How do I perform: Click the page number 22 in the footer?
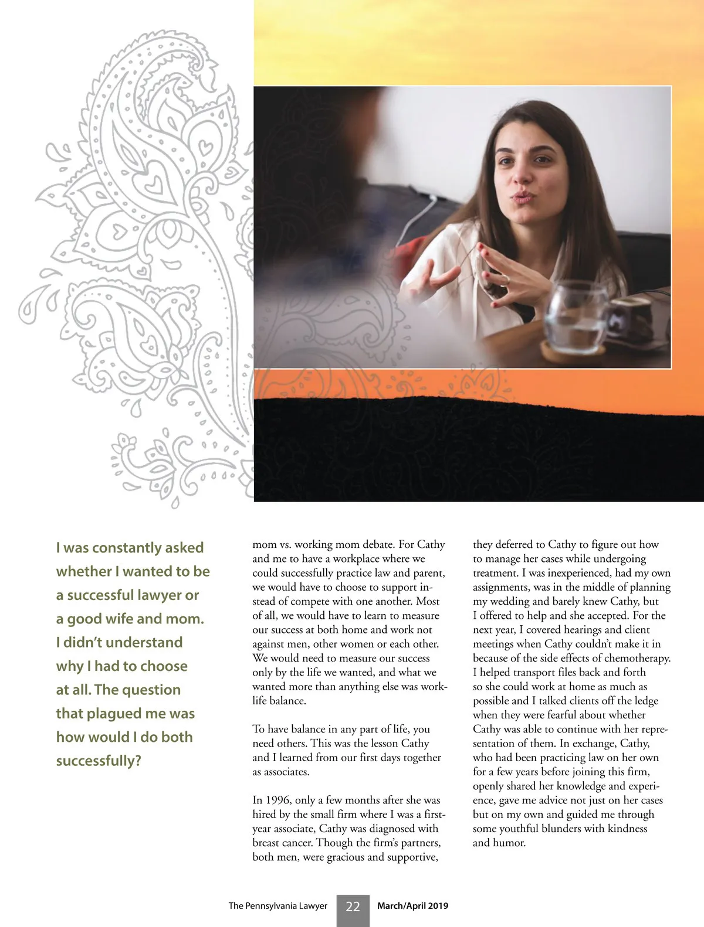(x=353, y=906)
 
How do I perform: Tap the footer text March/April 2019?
(x=412, y=906)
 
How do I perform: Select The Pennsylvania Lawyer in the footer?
(x=277, y=906)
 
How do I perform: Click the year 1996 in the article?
(x=278, y=800)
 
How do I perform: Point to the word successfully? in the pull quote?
(x=99, y=761)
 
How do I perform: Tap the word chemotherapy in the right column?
(x=637, y=658)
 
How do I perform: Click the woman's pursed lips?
(x=522, y=198)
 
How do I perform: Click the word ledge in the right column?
(x=645, y=701)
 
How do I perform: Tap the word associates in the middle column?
(x=285, y=772)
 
